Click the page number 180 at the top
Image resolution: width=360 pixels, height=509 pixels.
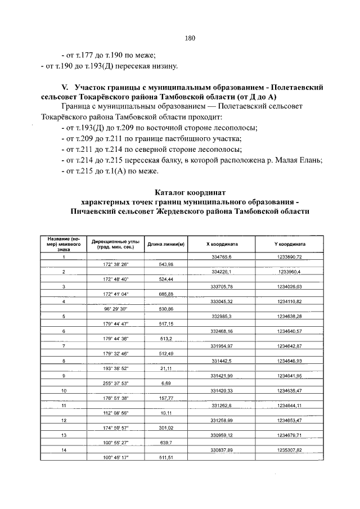190,38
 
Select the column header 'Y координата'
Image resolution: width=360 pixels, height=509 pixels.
290,245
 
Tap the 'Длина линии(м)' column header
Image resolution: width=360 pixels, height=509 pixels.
166,245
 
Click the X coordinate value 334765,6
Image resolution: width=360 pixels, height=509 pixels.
222,257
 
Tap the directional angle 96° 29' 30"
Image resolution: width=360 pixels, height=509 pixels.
116,309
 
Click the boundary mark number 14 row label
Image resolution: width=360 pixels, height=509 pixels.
64,450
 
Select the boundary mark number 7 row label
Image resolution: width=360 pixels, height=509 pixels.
64,346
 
